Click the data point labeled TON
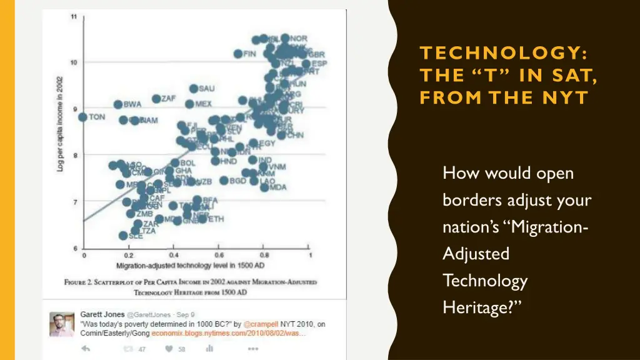[x=82, y=117]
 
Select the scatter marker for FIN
[x=238, y=54]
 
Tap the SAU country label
[x=206, y=89]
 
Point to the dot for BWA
[x=118, y=104]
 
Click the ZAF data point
[x=156, y=99]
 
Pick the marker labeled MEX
[x=189, y=104]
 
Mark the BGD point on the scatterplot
[x=224, y=181]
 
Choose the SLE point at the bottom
[x=123, y=236]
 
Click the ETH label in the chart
[x=216, y=219]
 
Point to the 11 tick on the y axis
[x=73, y=16]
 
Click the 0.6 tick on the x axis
[x=220, y=256]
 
